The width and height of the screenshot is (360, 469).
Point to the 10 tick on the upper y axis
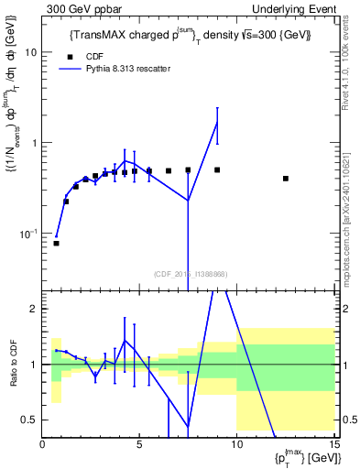pyautogui.click(x=29, y=52)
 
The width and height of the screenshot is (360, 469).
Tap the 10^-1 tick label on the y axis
pyautogui.click(x=27, y=234)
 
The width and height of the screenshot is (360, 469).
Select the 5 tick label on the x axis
pyautogui.click(x=139, y=444)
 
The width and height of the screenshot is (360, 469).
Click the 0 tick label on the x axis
pyautogui.click(x=43, y=444)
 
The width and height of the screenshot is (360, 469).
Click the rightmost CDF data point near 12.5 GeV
pyautogui.click(x=286, y=179)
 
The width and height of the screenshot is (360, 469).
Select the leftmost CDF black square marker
pyautogui.click(x=56, y=244)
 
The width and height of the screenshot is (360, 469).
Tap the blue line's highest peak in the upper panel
pyautogui.click(x=217, y=122)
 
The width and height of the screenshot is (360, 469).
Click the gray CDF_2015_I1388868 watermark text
pyautogui.click(x=189, y=273)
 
